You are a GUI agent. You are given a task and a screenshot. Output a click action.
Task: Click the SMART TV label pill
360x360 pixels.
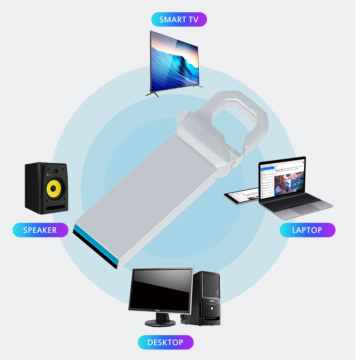[x=179, y=19]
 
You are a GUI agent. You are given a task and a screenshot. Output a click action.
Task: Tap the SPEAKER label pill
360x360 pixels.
[x=40, y=230]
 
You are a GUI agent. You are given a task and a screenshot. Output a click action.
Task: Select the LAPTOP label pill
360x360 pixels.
[x=307, y=230]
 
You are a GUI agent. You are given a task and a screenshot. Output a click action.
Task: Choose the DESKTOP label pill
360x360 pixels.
[x=165, y=342]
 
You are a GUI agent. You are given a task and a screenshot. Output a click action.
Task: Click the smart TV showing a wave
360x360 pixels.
[x=174, y=62]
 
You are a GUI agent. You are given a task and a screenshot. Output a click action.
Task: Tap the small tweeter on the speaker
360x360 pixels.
[x=55, y=171]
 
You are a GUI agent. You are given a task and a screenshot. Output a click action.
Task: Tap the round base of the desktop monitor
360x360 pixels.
[x=161, y=323]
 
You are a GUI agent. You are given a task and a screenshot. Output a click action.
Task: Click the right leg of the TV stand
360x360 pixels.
[x=197, y=86]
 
